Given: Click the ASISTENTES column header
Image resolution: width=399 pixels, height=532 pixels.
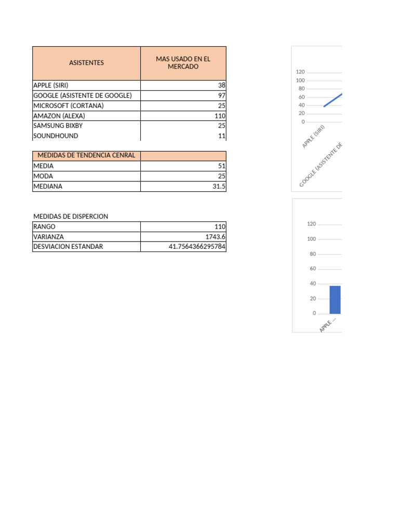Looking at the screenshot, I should (86, 63).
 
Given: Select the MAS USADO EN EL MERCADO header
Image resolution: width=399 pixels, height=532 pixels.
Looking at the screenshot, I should (183, 63).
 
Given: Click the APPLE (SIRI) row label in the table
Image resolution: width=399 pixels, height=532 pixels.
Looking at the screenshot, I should (51, 85).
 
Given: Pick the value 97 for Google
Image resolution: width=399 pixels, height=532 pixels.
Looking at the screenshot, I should (222, 96).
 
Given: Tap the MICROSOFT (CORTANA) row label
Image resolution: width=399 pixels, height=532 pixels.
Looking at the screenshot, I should (69, 105).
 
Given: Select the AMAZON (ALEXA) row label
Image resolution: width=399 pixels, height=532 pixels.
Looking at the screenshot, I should (59, 116).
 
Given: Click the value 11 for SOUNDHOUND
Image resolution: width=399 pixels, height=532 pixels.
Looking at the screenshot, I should (222, 136).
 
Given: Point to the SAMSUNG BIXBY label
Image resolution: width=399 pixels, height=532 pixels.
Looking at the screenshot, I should (58, 126).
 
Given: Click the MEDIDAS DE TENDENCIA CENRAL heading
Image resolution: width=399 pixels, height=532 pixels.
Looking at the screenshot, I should (86, 155).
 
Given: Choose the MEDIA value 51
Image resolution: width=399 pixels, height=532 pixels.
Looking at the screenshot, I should (222, 166).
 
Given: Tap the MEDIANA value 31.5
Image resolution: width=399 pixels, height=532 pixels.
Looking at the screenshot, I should (219, 187).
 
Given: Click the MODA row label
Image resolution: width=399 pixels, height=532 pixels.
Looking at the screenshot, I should (43, 176).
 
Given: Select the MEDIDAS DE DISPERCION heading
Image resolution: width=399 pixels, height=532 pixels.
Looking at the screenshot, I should (71, 217).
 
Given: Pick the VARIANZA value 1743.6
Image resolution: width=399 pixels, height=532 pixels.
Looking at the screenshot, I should (216, 237).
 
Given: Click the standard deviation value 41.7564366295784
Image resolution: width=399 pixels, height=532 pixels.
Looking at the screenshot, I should (197, 247).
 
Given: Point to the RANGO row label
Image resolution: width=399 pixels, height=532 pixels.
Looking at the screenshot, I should (44, 227).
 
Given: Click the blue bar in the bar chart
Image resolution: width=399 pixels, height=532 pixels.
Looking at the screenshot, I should (335, 300).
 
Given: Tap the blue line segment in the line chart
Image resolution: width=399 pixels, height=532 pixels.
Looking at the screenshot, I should (333, 100).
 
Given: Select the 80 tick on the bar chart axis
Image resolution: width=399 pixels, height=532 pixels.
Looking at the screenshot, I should (313, 254).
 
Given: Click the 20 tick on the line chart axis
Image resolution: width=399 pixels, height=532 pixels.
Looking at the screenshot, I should (302, 114).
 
